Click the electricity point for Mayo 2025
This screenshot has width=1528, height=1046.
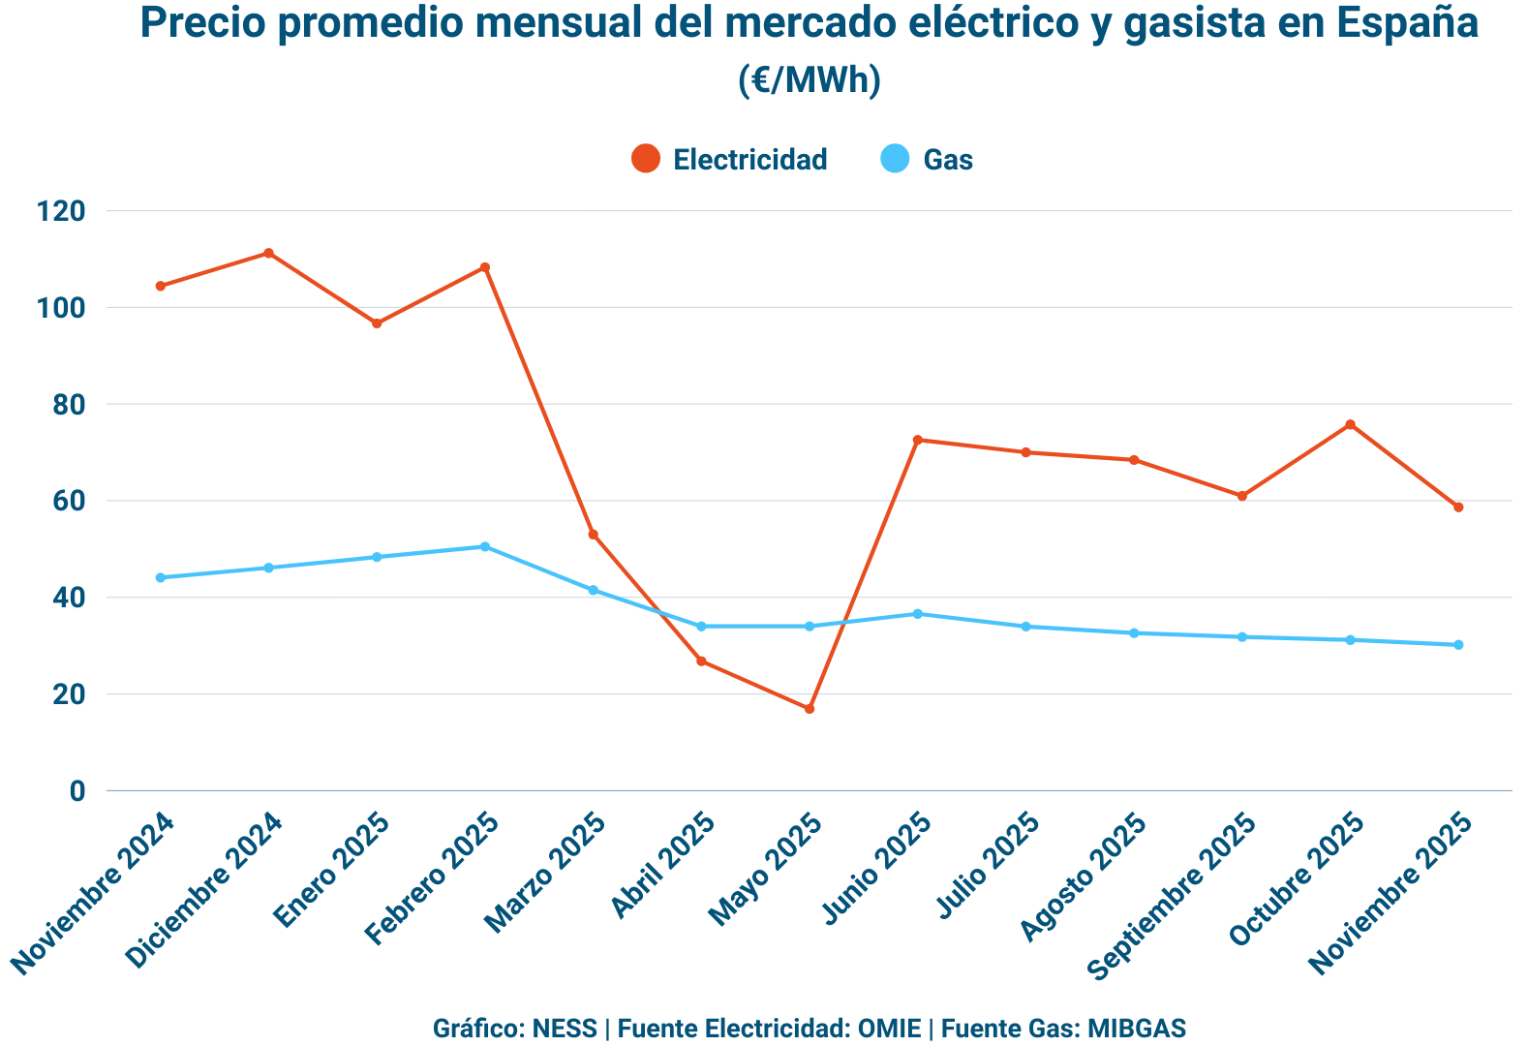click(810, 709)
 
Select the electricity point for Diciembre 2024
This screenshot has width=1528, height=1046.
click(268, 254)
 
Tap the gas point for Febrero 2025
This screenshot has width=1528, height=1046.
click(485, 547)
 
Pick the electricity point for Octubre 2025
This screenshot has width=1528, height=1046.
click(1350, 424)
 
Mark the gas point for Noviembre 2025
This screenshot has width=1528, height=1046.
click(1458, 645)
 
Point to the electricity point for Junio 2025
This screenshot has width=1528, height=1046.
click(918, 440)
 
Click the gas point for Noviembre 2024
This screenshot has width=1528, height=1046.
click(161, 578)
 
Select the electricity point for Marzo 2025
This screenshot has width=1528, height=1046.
click(594, 535)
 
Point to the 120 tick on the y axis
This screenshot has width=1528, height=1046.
click(60, 210)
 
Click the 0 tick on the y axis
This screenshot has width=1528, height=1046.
click(77, 791)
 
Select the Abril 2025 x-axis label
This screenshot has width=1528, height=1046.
click(664, 867)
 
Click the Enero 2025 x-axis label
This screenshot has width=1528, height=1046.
click(332, 870)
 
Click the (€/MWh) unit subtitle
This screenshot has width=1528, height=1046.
click(810, 79)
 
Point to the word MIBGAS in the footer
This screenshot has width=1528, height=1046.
click(1137, 1029)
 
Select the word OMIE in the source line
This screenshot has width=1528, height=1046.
click(890, 1029)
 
